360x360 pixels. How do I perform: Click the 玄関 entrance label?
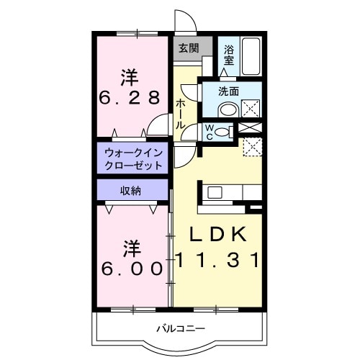(189, 49)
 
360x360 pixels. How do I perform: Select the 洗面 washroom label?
(228, 91)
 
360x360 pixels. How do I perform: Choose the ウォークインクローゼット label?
(134, 158)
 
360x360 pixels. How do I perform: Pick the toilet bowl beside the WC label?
(225, 132)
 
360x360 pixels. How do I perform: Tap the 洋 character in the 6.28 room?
(129, 76)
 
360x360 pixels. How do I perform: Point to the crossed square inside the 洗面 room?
(251, 109)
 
